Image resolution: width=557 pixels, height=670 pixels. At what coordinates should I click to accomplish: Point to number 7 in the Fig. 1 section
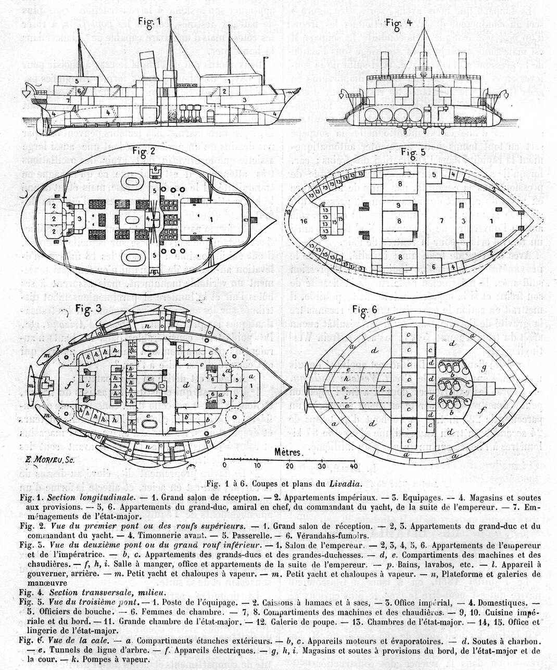(68, 99)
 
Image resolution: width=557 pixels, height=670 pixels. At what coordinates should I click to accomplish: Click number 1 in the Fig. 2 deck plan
(211, 220)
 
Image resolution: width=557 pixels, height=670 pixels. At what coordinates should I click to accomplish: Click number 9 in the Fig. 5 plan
(399, 206)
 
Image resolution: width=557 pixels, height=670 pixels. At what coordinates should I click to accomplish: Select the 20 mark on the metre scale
(289, 466)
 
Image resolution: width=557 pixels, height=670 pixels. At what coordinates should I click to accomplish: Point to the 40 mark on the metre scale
(353, 466)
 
